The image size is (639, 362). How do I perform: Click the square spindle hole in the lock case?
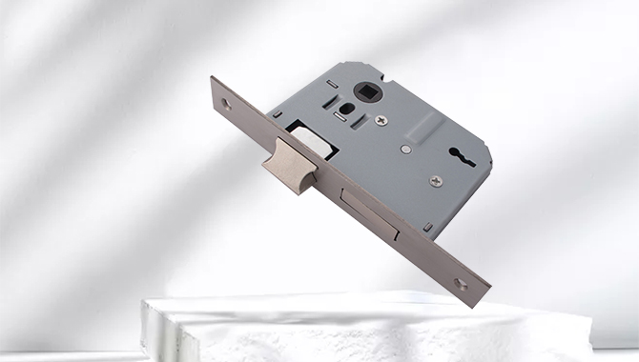(x=366, y=90)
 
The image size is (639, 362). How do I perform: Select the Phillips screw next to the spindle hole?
(x=382, y=121)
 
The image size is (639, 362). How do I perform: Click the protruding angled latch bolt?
(x=288, y=165)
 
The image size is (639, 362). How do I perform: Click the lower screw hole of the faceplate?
(x=461, y=283)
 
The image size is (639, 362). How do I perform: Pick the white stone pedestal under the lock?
(x=362, y=329)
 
